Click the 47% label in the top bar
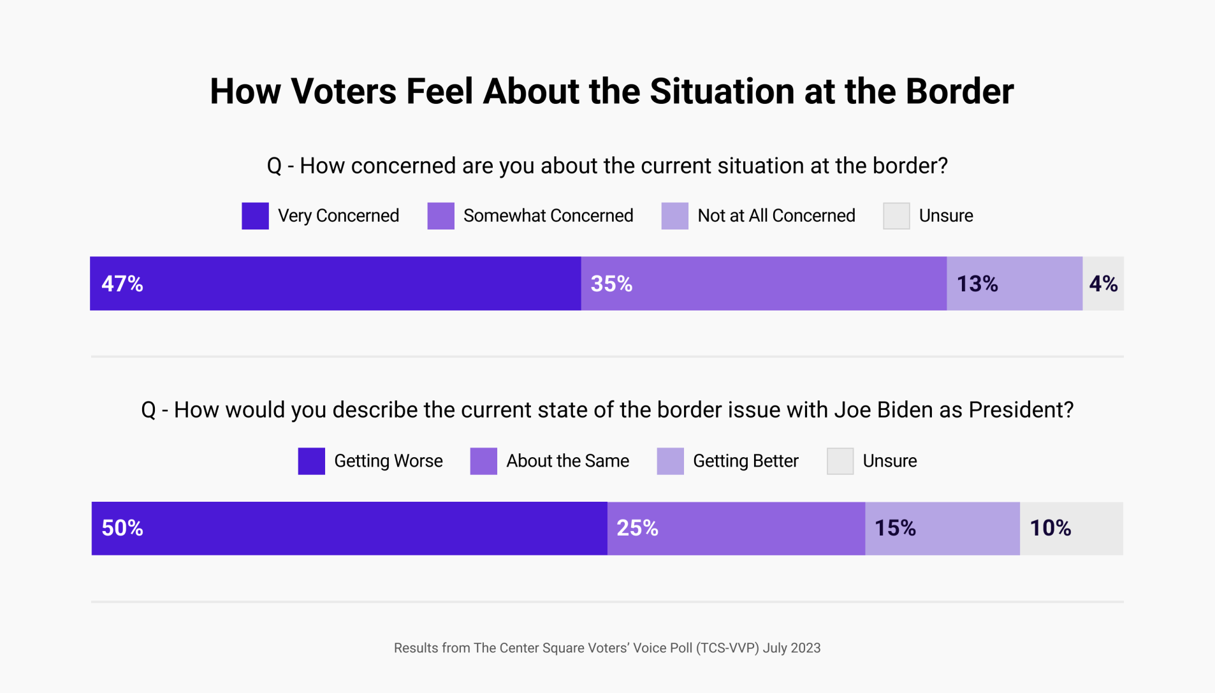click(122, 284)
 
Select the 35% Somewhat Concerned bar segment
click(763, 284)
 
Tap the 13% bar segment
click(1014, 284)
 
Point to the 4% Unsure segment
click(1103, 284)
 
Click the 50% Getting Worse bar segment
click(349, 529)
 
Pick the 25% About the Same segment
click(736, 529)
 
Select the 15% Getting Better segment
click(942, 529)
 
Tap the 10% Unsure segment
click(1071, 529)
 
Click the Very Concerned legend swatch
click(255, 216)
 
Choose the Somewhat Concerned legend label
click(548, 216)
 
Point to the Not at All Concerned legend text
click(776, 216)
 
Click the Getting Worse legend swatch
click(311, 461)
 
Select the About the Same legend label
click(567, 461)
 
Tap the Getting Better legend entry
click(745, 461)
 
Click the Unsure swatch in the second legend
click(840, 461)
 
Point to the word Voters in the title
click(344, 91)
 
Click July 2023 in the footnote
click(791, 648)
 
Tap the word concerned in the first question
click(403, 166)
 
